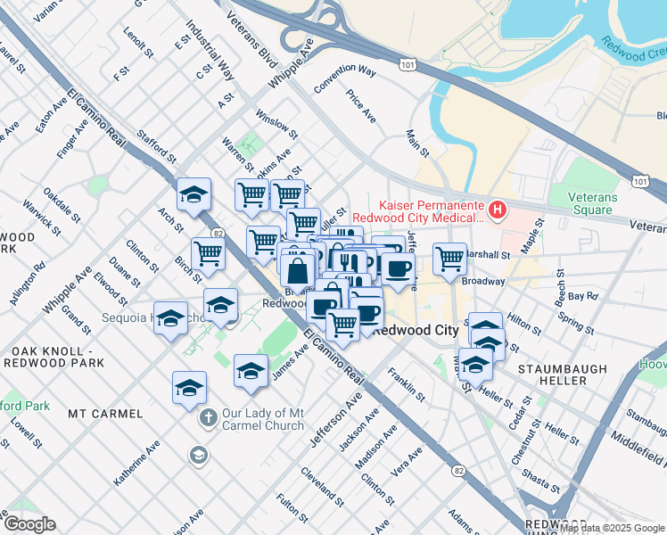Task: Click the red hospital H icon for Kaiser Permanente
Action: click(498, 210)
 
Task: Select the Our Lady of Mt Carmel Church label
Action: click(265, 419)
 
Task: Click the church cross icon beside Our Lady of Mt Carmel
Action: click(207, 417)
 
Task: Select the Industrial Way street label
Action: click(210, 49)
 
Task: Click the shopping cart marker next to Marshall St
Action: click(450, 259)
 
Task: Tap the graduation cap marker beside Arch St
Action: click(193, 196)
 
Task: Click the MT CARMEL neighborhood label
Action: click(105, 414)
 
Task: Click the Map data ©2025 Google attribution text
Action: click(611, 527)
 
